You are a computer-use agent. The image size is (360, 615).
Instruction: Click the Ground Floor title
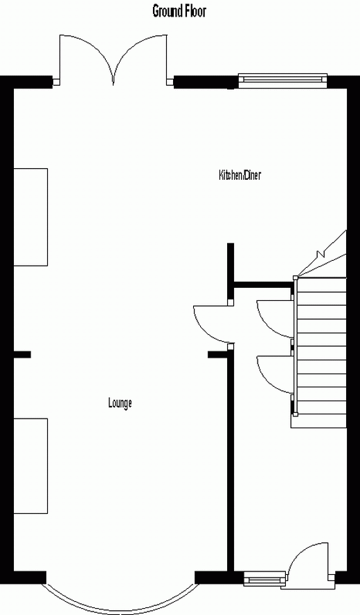pos(179,10)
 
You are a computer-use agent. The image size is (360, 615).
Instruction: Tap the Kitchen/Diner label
pos(240,175)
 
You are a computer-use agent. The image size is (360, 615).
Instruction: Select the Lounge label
pos(120,403)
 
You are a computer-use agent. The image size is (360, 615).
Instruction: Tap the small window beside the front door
pos(264,578)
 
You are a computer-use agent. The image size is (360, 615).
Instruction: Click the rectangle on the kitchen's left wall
pos(30,217)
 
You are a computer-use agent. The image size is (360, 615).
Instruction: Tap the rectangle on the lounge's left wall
pos(30,466)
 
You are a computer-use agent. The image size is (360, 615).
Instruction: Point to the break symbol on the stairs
pos(321,253)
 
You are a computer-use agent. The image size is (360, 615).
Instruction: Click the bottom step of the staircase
pos(318,421)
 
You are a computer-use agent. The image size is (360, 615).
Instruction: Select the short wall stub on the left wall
pos(22,355)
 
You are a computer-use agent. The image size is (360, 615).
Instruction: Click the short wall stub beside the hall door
pos(217,355)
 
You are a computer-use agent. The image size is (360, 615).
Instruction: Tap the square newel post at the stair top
pos(295,277)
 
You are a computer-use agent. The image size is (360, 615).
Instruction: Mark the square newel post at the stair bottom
pos(295,414)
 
